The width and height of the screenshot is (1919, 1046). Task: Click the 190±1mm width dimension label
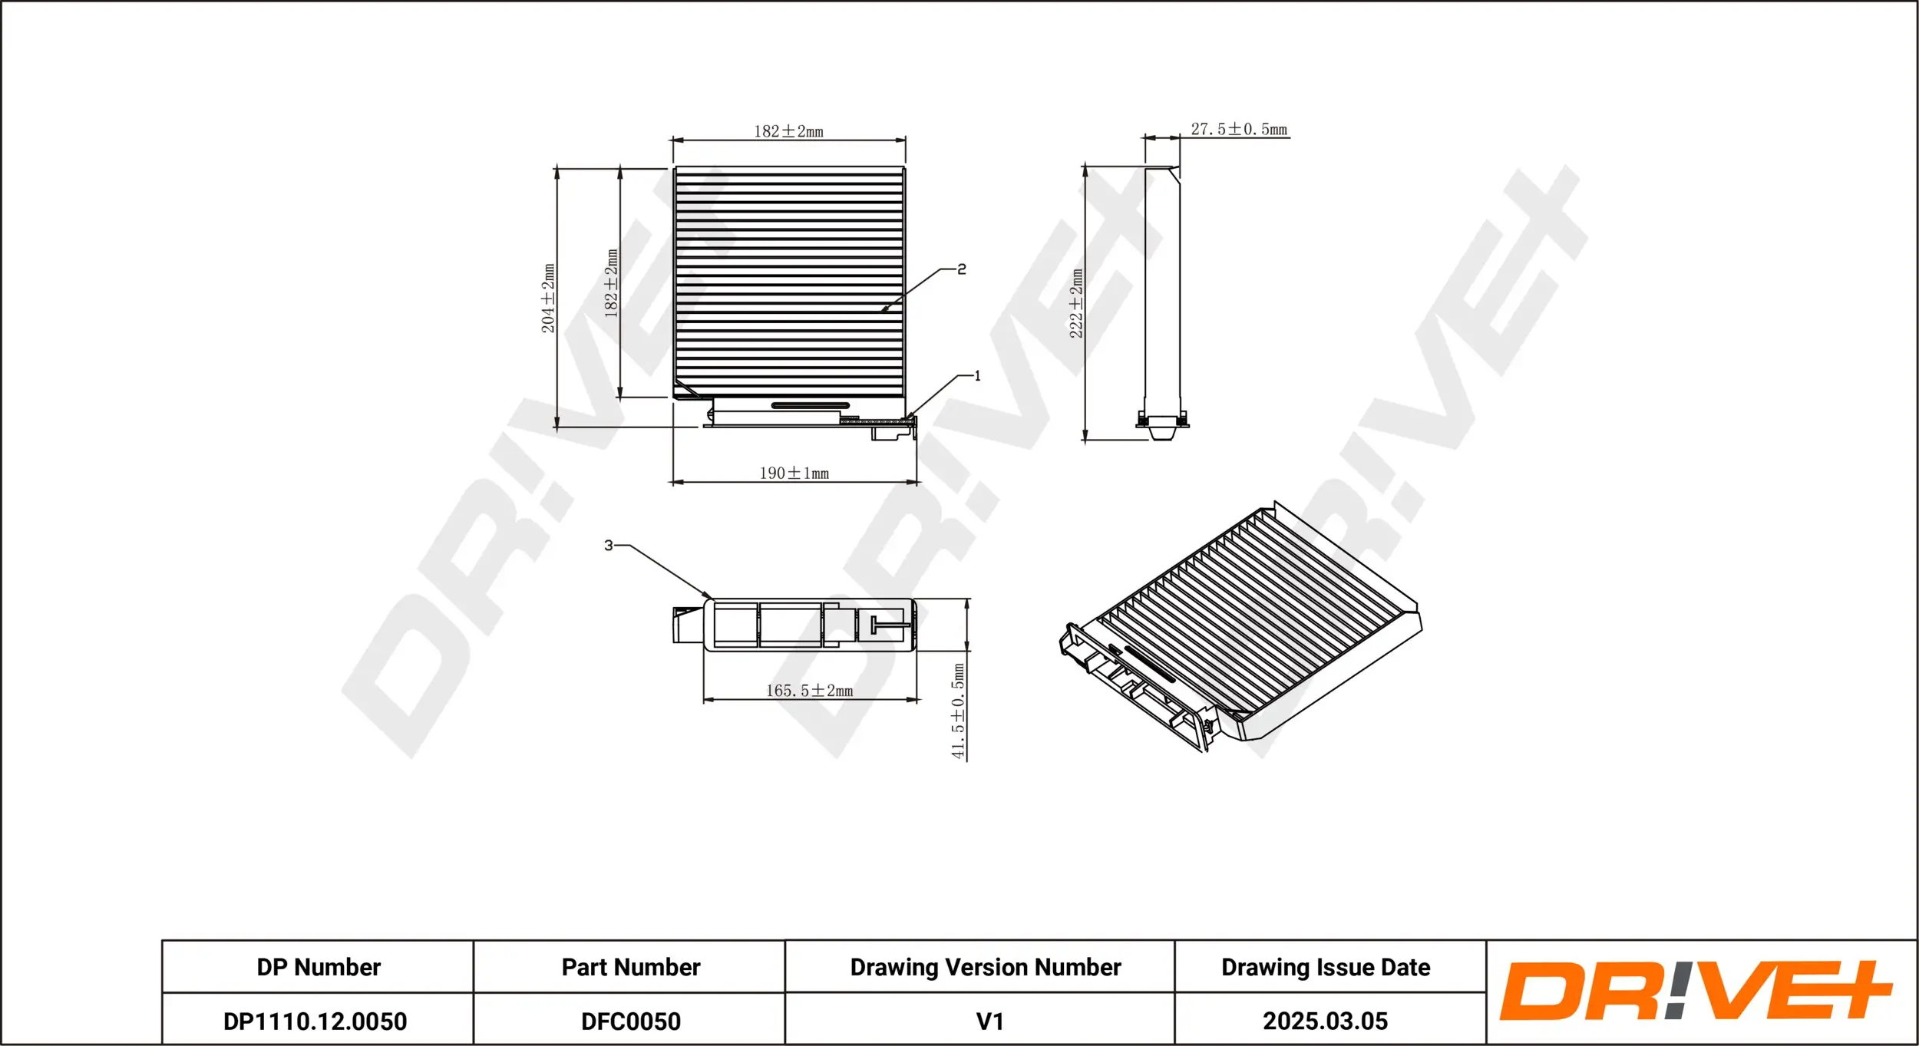tap(794, 474)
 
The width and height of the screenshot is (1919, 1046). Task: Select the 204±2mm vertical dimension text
tap(548, 299)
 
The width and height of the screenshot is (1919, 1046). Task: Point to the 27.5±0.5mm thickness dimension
tap(1238, 130)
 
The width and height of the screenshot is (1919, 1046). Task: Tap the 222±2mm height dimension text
tap(1076, 303)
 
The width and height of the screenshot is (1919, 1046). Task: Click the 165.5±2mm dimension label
tap(809, 691)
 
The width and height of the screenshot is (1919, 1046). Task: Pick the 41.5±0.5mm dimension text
tap(958, 711)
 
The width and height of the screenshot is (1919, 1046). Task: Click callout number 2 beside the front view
tap(962, 269)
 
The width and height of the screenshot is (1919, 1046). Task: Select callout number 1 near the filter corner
tap(977, 376)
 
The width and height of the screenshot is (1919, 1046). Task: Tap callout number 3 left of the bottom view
tap(609, 545)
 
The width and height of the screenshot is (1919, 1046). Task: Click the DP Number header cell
tap(318, 967)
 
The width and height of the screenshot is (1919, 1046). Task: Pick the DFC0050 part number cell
tap(630, 1021)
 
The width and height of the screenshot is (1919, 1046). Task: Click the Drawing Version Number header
tap(985, 967)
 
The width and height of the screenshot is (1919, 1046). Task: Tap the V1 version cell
tap(989, 1021)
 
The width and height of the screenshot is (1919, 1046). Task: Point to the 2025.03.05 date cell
tap(1325, 1021)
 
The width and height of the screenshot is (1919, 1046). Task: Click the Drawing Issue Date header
tap(1325, 967)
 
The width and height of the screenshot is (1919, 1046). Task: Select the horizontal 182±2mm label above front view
tap(788, 131)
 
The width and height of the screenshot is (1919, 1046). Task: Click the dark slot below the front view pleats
tap(810, 405)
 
